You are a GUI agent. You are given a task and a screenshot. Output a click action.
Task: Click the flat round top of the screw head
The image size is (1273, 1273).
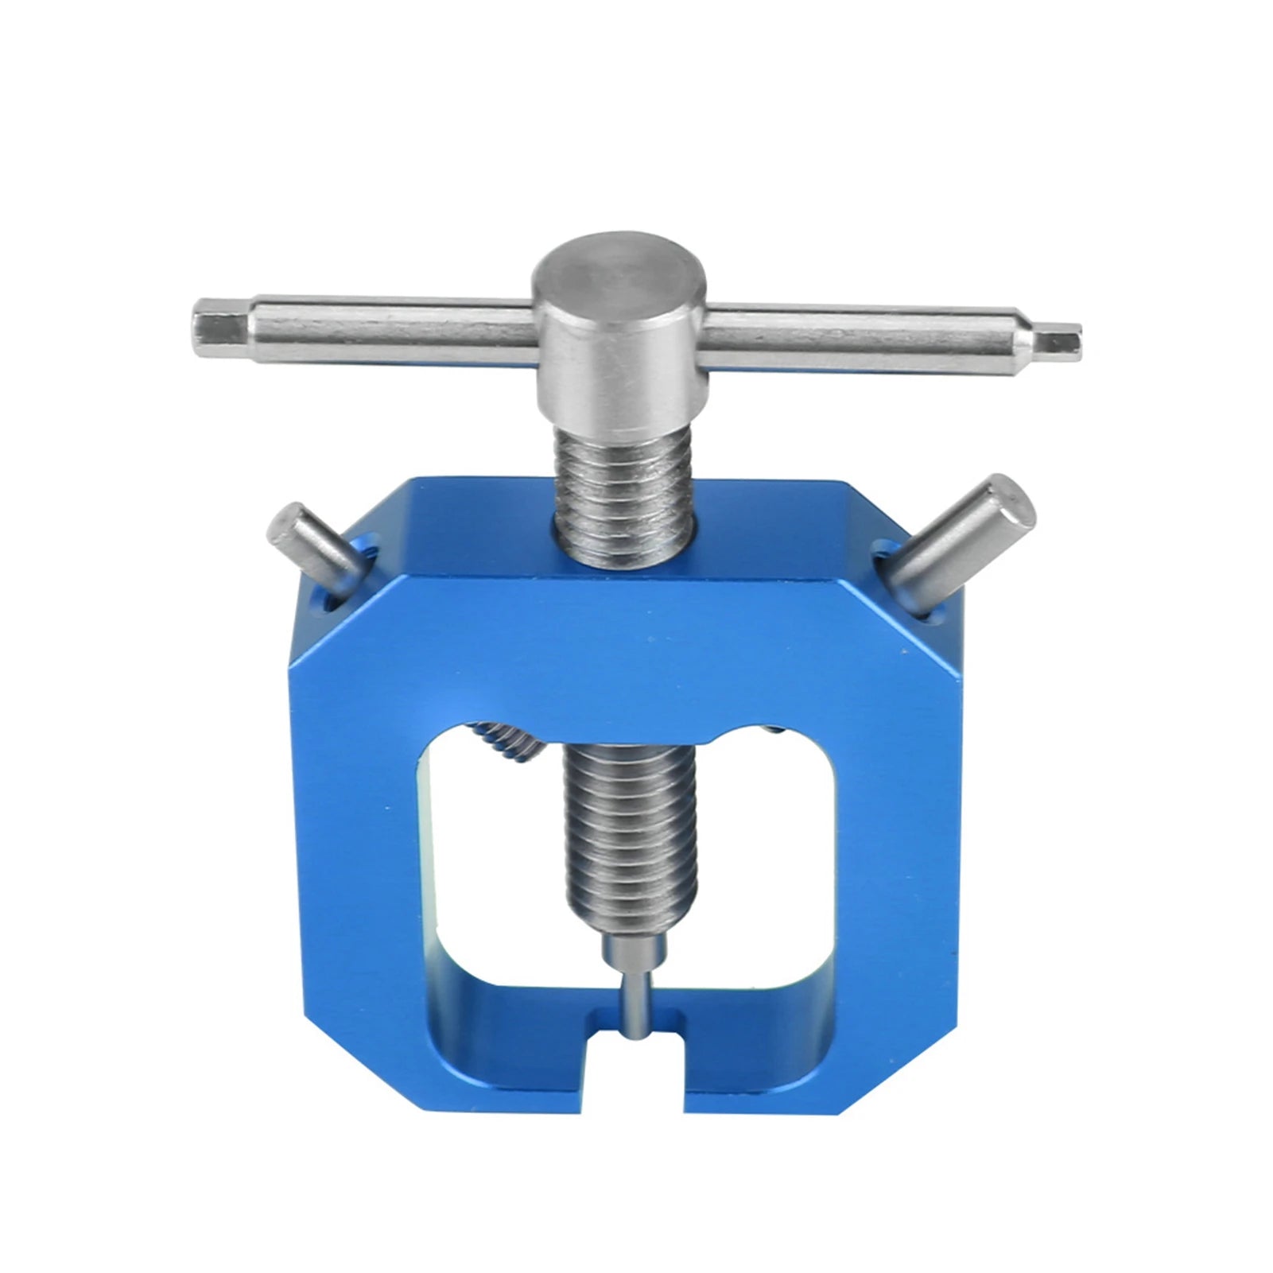(619, 268)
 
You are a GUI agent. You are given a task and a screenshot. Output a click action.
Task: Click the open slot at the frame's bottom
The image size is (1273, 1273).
(636, 1065)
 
